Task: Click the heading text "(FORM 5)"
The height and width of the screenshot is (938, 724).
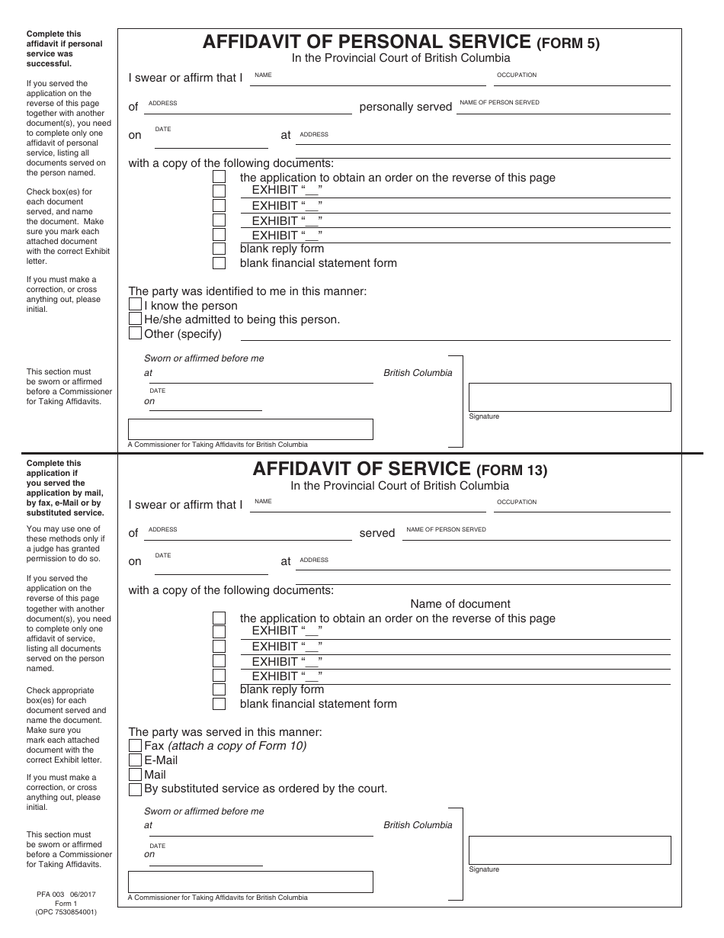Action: coord(568,43)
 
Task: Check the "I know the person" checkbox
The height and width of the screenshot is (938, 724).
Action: coord(135,305)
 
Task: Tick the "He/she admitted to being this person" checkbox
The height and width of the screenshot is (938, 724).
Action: coord(135,319)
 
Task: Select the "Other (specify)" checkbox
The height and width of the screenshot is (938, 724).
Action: coord(135,333)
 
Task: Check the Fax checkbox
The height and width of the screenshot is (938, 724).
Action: coord(135,746)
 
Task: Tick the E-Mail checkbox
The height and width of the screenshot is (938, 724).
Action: coord(135,760)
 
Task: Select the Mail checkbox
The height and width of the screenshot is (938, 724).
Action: coord(135,775)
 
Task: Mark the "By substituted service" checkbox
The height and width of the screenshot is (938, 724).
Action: coord(135,789)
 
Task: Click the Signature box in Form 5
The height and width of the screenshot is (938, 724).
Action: coord(569,397)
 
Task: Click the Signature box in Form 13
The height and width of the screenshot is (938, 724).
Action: coord(569,850)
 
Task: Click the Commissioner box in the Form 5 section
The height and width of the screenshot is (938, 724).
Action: coord(250,429)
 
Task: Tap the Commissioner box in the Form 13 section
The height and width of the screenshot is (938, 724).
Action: coord(250,882)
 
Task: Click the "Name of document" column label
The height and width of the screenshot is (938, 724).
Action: coord(460,604)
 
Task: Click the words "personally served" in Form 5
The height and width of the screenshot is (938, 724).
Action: coord(405,107)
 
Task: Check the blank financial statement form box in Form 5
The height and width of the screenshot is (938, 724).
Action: coord(219,263)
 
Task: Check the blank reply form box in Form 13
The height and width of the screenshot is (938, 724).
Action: coord(219,689)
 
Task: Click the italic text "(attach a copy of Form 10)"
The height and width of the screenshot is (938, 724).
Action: coord(237,746)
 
